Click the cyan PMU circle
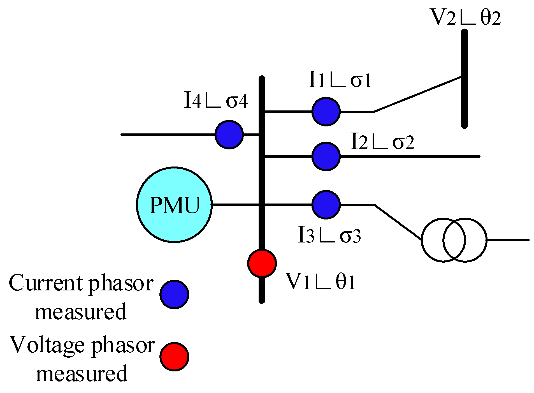click(x=174, y=205)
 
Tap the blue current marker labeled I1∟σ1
click(x=326, y=112)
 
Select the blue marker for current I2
click(x=326, y=156)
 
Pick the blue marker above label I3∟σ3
click(x=326, y=205)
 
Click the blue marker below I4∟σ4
click(x=229, y=135)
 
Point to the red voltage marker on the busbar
click(x=262, y=263)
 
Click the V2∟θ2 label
click(x=465, y=17)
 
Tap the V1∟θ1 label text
click(x=320, y=281)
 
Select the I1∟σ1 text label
click(x=340, y=80)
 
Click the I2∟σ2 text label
click(x=382, y=142)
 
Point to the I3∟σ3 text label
click(x=329, y=235)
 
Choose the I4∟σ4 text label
click(x=216, y=101)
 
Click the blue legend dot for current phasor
click(x=174, y=294)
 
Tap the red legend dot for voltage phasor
click(x=174, y=357)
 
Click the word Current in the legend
click(x=46, y=283)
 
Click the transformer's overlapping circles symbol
click(x=454, y=240)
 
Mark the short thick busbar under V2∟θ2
click(x=464, y=78)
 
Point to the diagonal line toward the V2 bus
click(x=417, y=94)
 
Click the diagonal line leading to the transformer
click(x=398, y=222)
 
